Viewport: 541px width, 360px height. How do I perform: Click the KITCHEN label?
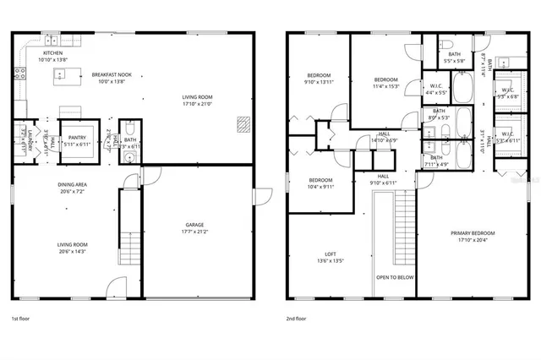[x=52, y=52]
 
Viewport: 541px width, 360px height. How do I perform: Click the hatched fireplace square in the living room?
[x=243, y=124]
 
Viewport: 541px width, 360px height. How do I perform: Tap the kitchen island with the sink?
[x=63, y=75]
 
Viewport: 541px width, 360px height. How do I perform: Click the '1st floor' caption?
[x=22, y=319]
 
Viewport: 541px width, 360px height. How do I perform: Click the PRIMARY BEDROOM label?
[x=472, y=232]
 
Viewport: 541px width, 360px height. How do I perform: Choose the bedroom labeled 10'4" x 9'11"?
[x=320, y=183]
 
